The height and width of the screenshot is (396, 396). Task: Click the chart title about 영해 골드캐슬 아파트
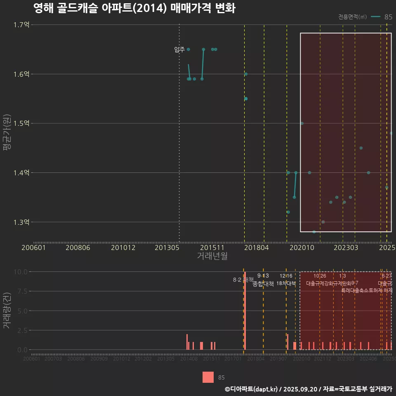coord(134,8)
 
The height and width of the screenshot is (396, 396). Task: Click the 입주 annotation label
coord(179,50)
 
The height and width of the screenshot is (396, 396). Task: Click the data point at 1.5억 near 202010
coord(302,123)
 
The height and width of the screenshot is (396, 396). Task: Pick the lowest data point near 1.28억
coord(314,232)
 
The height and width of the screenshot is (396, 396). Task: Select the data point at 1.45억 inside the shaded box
coord(361,148)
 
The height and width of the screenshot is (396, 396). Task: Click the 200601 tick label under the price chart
coord(33,248)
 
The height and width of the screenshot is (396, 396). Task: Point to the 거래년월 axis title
coord(212,256)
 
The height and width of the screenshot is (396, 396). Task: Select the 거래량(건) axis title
coord(7,311)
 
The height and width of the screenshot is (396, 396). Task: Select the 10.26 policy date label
coord(320,276)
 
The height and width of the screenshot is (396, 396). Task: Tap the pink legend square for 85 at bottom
coord(208,377)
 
